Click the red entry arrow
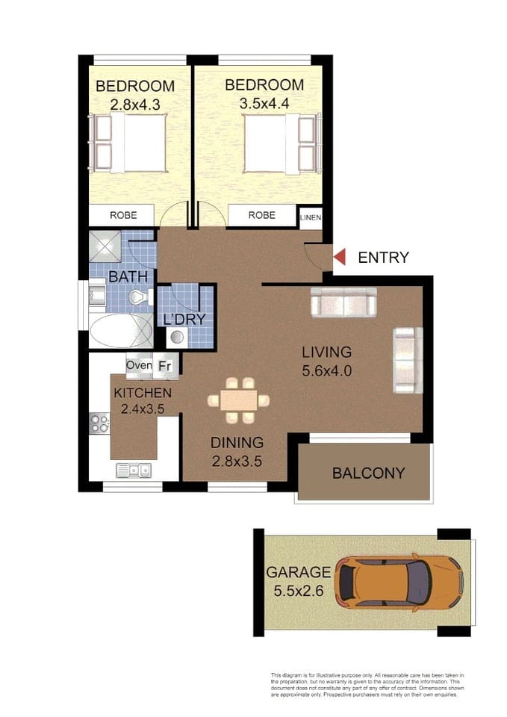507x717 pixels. pyautogui.click(x=339, y=258)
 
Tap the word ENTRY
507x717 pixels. pyautogui.click(x=383, y=258)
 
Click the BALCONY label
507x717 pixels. pyautogui.click(x=368, y=473)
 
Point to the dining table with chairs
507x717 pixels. pyautogui.click(x=238, y=399)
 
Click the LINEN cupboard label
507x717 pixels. pyautogui.click(x=310, y=217)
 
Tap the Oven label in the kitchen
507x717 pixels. pyautogui.click(x=139, y=366)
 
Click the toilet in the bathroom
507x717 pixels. pyautogui.click(x=137, y=298)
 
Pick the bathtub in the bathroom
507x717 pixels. pyautogui.click(x=121, y=330)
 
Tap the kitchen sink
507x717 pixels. pyautogui.click(x=134, y=470)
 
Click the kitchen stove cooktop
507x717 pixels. pyautogui.click(x=99, y=423)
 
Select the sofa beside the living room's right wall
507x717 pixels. pyautogui.click(x=403, y=360)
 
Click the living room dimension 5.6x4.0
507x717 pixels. pyautogui.click(x=326, y=369)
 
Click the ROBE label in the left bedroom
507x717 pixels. pyautogui.click(x=123, y=215)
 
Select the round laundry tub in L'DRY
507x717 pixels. pyautogui.click(x=177, y=336)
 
